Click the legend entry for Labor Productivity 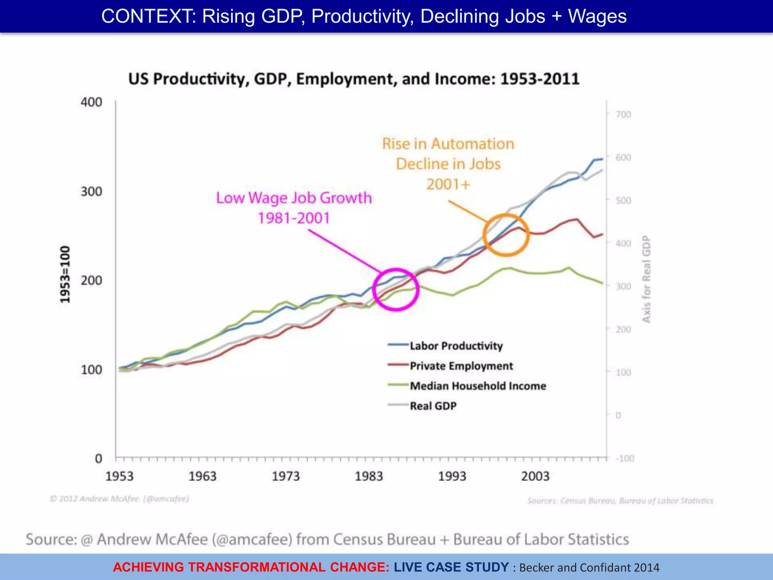[x=456, y=346]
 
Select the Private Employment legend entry [x=461, y=366]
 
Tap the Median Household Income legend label [x=477, y=386]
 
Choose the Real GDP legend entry [x=433, y=406]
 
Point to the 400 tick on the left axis [x=91, y=102]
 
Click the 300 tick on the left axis [x=91, y=191]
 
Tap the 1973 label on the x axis [x=286, y=476]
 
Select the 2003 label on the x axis [x=535, y=476]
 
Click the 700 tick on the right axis [x=623, y=114]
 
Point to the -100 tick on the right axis [x=625, y=458]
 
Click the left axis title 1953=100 [x=65, y=275]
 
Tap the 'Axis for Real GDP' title [x=647, y=279]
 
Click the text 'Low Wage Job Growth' [x=294, y=198]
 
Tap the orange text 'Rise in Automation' [x=448, y=144]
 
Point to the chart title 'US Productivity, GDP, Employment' [x=354, y=79]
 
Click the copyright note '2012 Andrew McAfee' [x=120, y=499]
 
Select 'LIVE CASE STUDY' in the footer [x=451, y=567]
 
